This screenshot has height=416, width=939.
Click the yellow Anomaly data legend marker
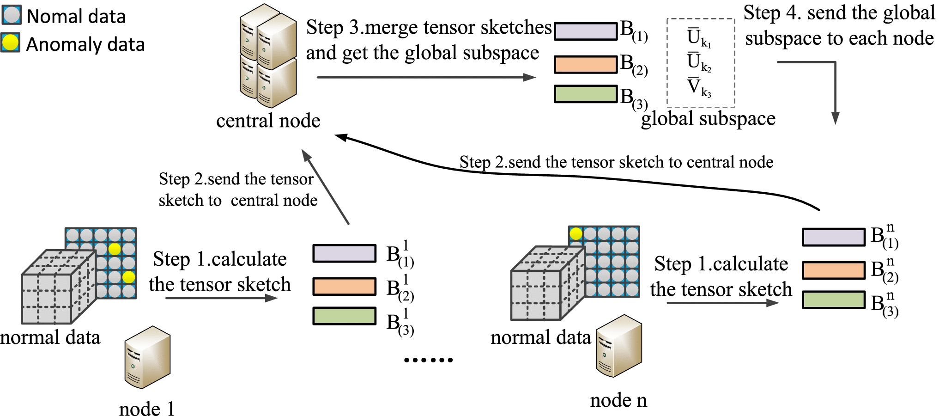click(x=11, y=43)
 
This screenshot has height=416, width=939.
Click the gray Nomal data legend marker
click(x=12, y=15)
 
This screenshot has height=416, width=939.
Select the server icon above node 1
click(x=147, y=357)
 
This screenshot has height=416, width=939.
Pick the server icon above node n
click(x=619, y=346)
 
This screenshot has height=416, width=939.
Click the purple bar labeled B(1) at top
click(x=586, y=31)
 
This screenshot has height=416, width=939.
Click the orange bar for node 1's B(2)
click(x=344, y=286)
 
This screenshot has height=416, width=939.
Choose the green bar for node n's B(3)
click(x=833, y=300)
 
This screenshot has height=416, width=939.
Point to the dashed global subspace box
click(x=701, y=62)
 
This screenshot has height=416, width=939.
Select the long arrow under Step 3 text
click(x=425, y=77)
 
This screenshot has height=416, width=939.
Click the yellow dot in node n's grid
click(x=576, y=233)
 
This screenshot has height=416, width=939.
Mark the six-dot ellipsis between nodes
click(x=428, y=360)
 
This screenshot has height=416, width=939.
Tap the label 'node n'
click(x=618, y=400)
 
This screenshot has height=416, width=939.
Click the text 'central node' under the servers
click(x=268, y=121)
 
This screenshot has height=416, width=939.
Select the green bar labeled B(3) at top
click(x=586, y=94)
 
